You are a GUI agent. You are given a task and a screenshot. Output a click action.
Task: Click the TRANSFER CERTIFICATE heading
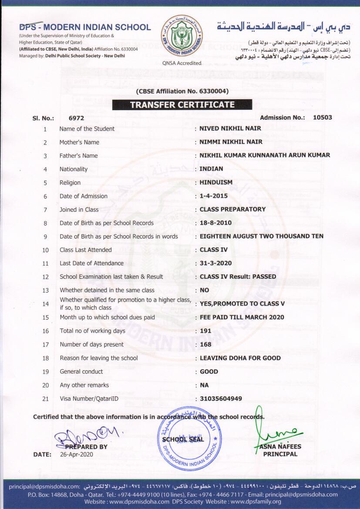182,105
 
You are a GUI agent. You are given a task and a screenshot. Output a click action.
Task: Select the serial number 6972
76,118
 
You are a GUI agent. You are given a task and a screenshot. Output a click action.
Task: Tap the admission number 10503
323,118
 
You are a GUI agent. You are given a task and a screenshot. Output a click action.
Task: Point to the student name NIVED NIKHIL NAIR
231,128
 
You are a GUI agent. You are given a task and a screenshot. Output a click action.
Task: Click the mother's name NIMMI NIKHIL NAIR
231,142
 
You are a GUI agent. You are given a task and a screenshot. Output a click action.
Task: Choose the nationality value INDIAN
211,169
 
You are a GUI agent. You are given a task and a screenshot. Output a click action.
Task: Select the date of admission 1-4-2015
213,196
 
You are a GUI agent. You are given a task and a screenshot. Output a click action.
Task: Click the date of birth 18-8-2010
215,223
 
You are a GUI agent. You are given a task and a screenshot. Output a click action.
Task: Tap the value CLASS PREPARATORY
232,209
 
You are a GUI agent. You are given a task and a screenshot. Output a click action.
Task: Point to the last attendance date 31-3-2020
215,263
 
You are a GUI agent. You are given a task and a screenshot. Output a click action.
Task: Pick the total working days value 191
205,331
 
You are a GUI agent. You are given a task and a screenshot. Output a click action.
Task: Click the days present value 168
205,344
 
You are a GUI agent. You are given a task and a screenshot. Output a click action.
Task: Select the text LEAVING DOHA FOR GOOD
240,358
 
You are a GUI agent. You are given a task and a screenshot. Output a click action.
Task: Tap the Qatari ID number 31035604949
221,398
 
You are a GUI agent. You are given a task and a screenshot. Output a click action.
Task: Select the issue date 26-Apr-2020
76,455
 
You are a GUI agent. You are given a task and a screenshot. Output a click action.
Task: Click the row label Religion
70,182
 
